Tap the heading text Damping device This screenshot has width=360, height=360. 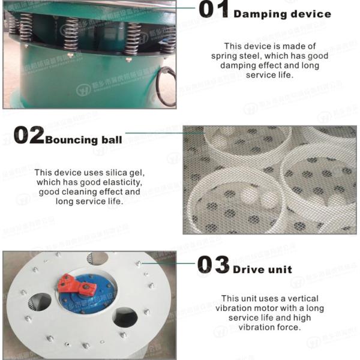point(282,14)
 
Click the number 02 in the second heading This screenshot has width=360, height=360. point(28,136)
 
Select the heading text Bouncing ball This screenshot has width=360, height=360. point(84,140)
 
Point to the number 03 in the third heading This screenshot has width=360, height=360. point(214,265)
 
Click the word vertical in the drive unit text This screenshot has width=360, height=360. point(302,298)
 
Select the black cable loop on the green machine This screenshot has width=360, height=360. point(166,87)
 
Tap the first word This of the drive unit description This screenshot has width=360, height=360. point(231,298)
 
